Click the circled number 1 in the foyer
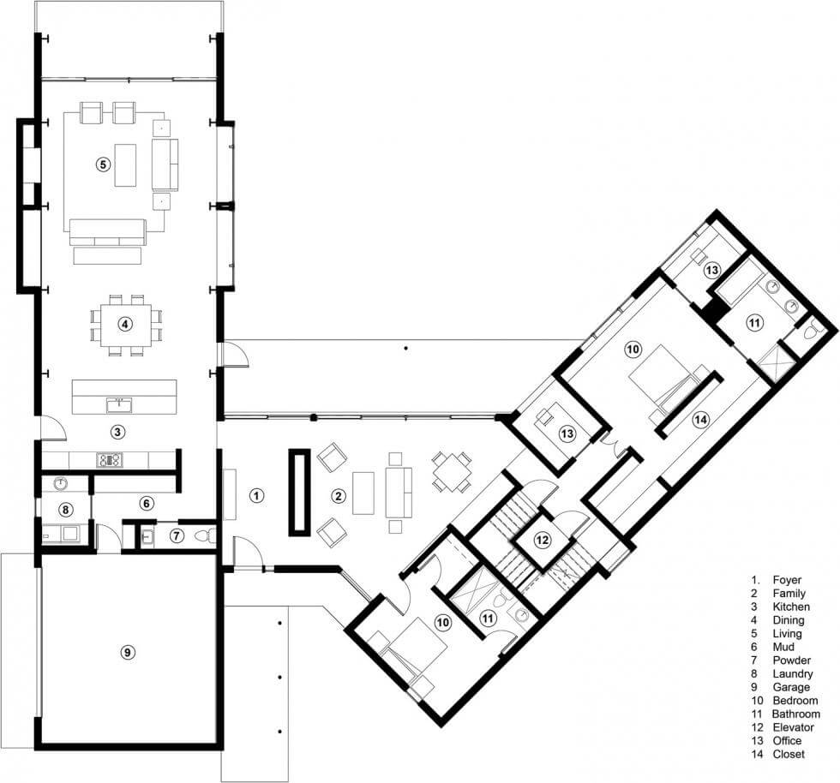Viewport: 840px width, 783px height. tap(256, 495)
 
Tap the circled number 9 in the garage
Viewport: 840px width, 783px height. tap(127, 652)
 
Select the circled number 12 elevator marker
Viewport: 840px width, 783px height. tap(542, 540)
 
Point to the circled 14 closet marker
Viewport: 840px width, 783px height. tap(700, 420)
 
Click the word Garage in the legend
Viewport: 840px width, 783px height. tap(791, 687)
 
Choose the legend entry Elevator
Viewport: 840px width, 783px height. tap(794, 727)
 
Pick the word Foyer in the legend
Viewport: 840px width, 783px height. tap(787, 580)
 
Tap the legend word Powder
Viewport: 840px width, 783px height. tap(792, 660)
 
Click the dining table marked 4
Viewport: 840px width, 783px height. tap(126, 324)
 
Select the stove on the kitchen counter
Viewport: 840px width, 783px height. tap(110, 459)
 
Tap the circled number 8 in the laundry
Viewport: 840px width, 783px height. tap(65, 510)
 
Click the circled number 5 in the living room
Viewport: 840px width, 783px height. tap(103, 164)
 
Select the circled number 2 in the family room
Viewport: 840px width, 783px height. tap(338, 496)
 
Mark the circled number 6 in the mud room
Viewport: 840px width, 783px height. tap(147, 503)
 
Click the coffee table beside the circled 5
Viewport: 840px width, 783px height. tap(125, 165)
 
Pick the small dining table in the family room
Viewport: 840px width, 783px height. tap(453, 472)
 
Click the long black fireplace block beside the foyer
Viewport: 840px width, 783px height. tap(299, 493)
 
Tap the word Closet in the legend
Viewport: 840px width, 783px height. tap(789, 754)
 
